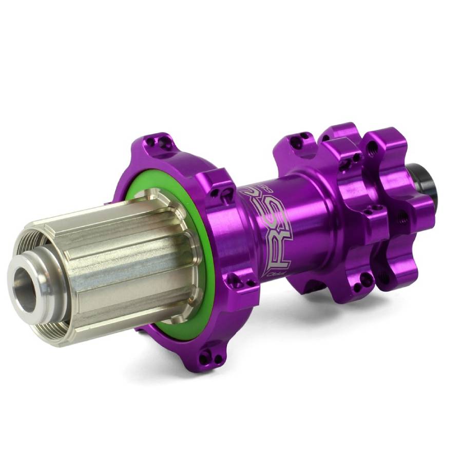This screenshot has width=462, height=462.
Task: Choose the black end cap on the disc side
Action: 421,177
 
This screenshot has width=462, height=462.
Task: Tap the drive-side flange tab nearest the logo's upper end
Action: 221,190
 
